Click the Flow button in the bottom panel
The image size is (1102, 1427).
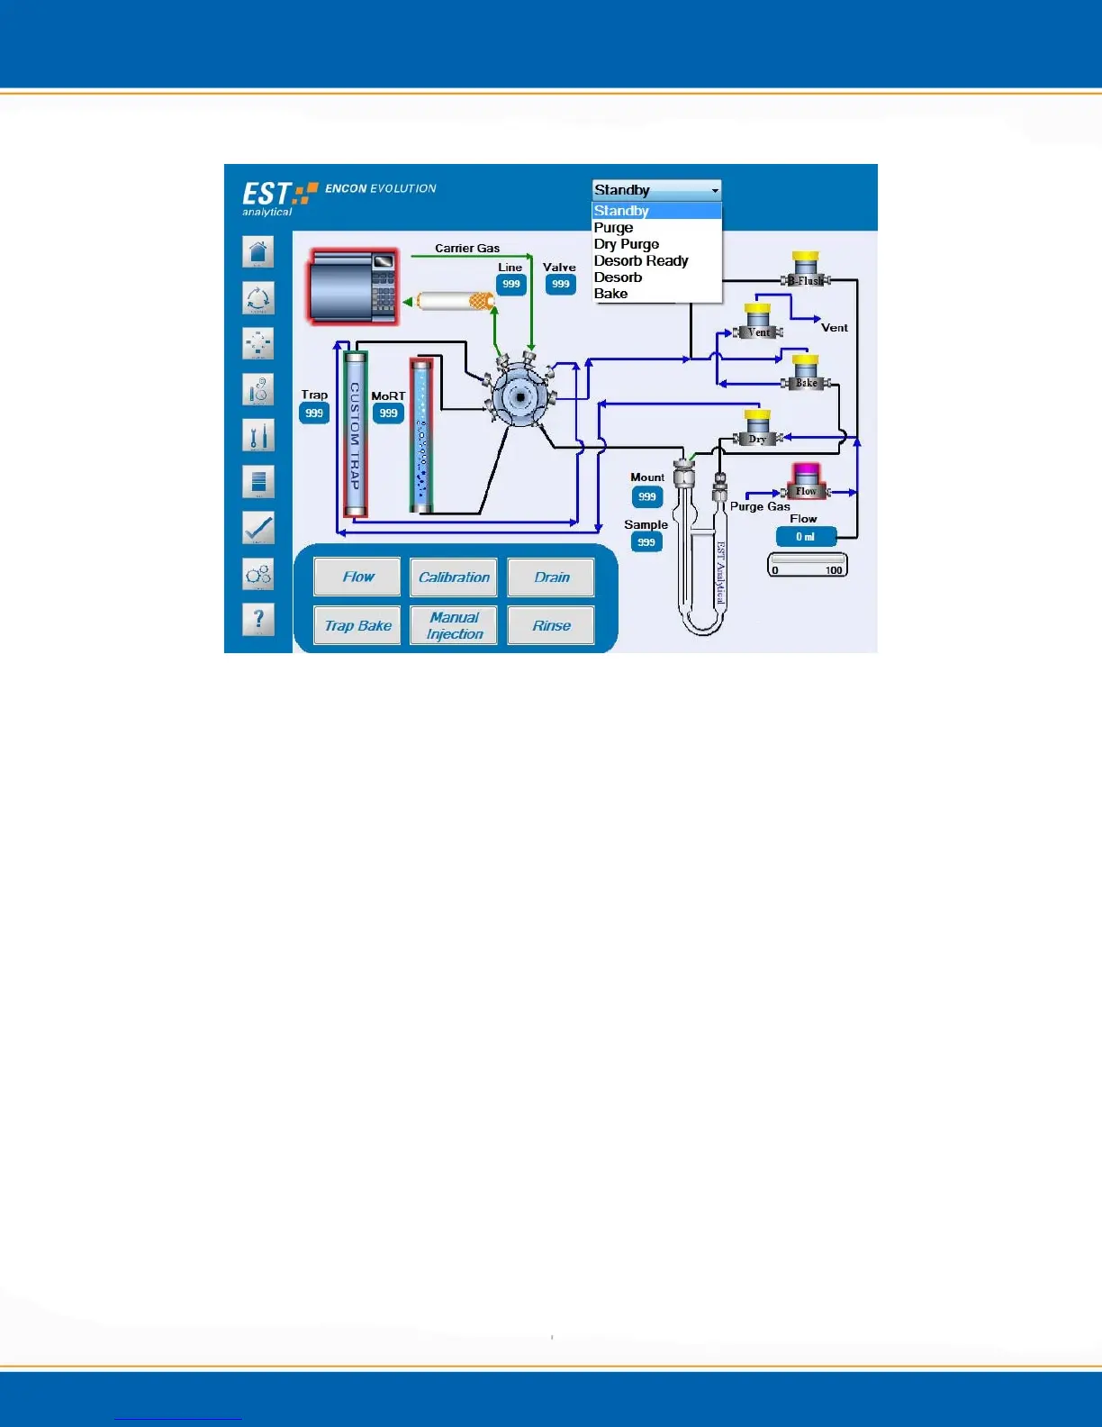click(357, 577)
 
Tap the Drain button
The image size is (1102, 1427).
click(551, 577)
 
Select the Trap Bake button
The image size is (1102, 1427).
click(357, 625)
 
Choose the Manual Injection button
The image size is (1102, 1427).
click(454, 625)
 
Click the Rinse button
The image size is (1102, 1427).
click(551, 625)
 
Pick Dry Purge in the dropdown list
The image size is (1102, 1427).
click(627, 244)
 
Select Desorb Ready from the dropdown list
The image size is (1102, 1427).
click(641, 260)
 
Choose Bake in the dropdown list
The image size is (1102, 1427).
click(610, 294)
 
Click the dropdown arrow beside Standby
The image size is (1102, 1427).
click(715, 190)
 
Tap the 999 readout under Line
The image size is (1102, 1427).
click(511, 284)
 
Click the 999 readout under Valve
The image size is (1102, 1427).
click(561, 284)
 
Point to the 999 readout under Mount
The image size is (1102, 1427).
click(647, 496)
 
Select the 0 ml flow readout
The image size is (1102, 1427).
click(806, 537)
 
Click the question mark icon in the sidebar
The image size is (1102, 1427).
click(258, 620)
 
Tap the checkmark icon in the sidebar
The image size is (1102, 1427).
click(258, 528)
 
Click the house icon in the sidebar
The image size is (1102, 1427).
click(258, 252)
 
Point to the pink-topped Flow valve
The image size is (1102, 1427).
click(806, 481)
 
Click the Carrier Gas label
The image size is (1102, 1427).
click(467, 249)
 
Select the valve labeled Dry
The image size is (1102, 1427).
click(758, 430)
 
